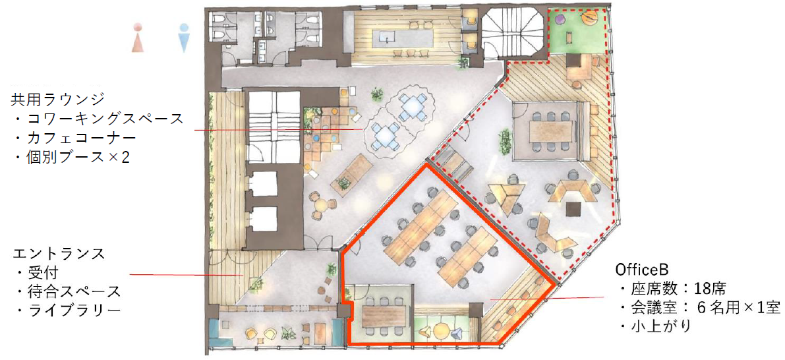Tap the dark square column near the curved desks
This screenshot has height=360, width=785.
[573, 208]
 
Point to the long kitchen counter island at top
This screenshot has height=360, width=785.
[402, 37]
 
